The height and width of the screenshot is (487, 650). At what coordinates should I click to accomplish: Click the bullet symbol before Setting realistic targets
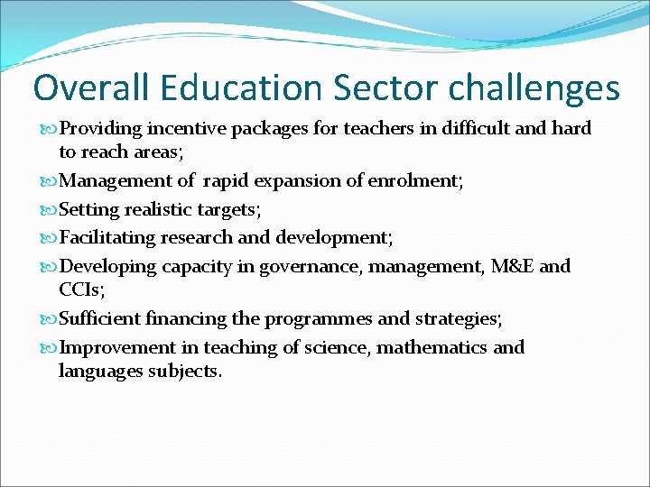click(50, 209)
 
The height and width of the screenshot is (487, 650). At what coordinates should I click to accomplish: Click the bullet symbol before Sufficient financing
click(50, 319)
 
